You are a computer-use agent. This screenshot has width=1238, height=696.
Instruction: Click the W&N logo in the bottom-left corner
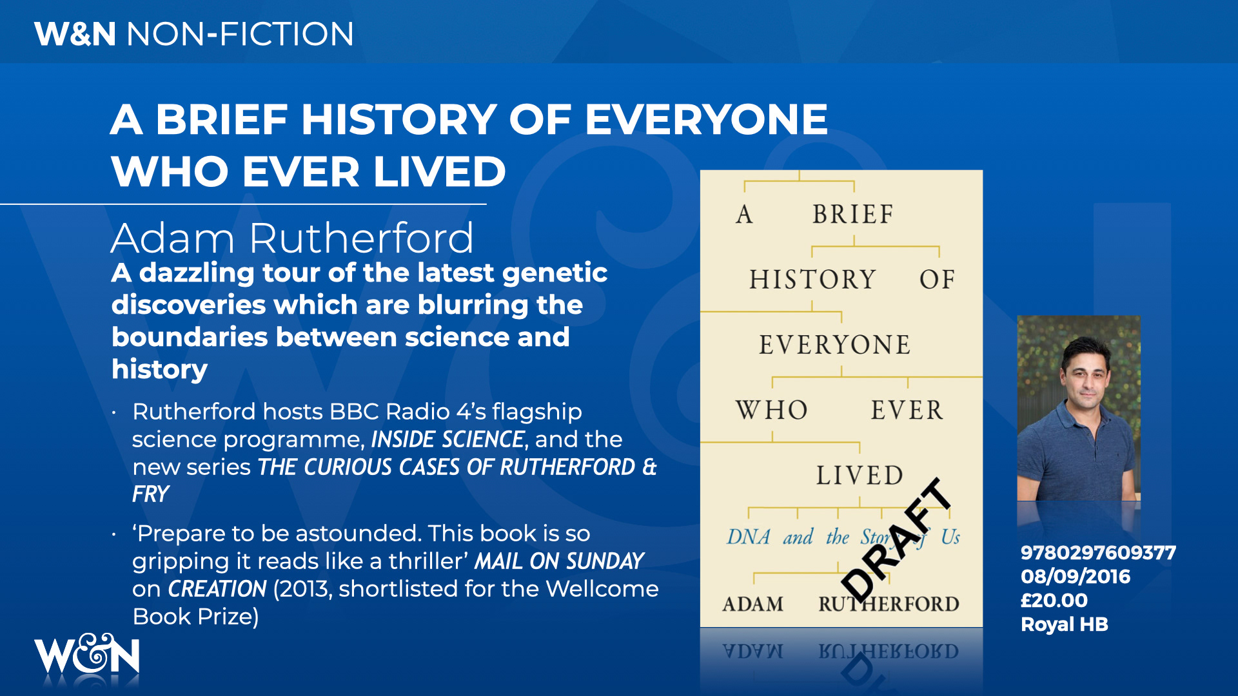pyautogui.click(x=86, y=654)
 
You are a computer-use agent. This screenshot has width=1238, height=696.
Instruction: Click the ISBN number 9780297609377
pyautogui.click(x=1098, y=553)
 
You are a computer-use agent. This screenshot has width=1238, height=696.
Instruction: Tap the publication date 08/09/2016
pyautogui.click(x=1075, y=577)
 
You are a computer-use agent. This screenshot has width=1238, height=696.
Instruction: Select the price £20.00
pyautogui.click(x=1054, y=601)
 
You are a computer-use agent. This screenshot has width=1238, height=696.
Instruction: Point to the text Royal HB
pyautogui.click(x=1064, y=624)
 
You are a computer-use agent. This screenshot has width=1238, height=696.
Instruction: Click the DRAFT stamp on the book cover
pyautogui.click(x=897, y=540)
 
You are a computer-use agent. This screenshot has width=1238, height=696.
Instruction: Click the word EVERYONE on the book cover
pyautogui.click(x=834, y=345)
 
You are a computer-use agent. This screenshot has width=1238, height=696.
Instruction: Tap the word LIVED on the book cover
pyautogui.click(x=860, y=476)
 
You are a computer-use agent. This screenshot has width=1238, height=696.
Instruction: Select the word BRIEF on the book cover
pyautogui.click(x=852, y=214)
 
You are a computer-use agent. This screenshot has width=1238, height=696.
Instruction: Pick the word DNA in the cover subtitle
pyautogui.click(x=749, y=537)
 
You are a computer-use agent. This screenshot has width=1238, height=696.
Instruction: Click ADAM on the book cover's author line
pyautogui.click(x=752, y=604)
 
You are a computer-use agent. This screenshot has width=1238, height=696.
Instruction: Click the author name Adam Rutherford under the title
pyautogui.click(x=292, y=238)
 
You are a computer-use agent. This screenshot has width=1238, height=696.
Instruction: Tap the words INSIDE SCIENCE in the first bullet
pyautogui.click(x=447, y=440)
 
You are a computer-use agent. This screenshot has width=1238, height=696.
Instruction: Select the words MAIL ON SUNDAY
pyautogui.click(x=559, y=561)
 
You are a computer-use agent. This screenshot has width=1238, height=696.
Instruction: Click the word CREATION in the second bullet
pyautogui.click(x=217, y=589)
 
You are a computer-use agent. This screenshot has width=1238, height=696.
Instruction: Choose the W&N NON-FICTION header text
pyautogui.click(x=194, y=34)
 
